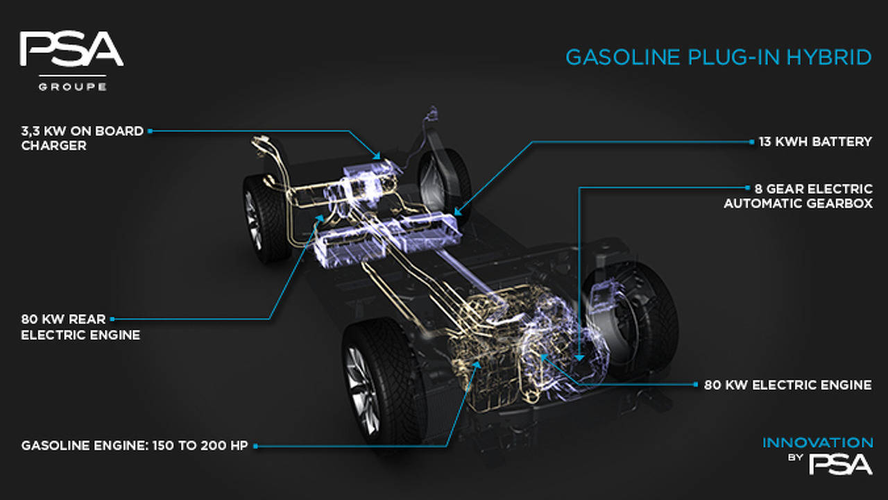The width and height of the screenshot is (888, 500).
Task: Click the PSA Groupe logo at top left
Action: pyautogui.click(x=71, y=61)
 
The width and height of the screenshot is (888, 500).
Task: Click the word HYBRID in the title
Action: pyautogui.click(x=829, y=57)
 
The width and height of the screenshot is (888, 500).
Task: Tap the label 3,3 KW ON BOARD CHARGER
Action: pyautogui.click(x=82, y=138)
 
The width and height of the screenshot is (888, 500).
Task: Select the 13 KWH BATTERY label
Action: pyautogui.click(x=815, y=142)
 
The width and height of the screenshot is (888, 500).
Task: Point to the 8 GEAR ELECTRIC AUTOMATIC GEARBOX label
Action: pyautogui.click(x=798, y=196)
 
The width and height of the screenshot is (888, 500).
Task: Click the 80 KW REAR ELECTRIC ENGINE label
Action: pyautogui.click(x=80, y=327)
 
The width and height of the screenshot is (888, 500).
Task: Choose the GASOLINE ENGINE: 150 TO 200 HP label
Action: pyautogui.click(x=135, y=446)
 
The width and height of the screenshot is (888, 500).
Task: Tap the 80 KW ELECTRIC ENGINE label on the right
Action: pyautogui.click(x=787, y=385)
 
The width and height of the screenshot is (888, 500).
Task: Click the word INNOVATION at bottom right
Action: pyautogui.click(x=817, y=442)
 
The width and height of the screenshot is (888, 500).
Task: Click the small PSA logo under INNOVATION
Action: pyautogui.click(x=840, y=465)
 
